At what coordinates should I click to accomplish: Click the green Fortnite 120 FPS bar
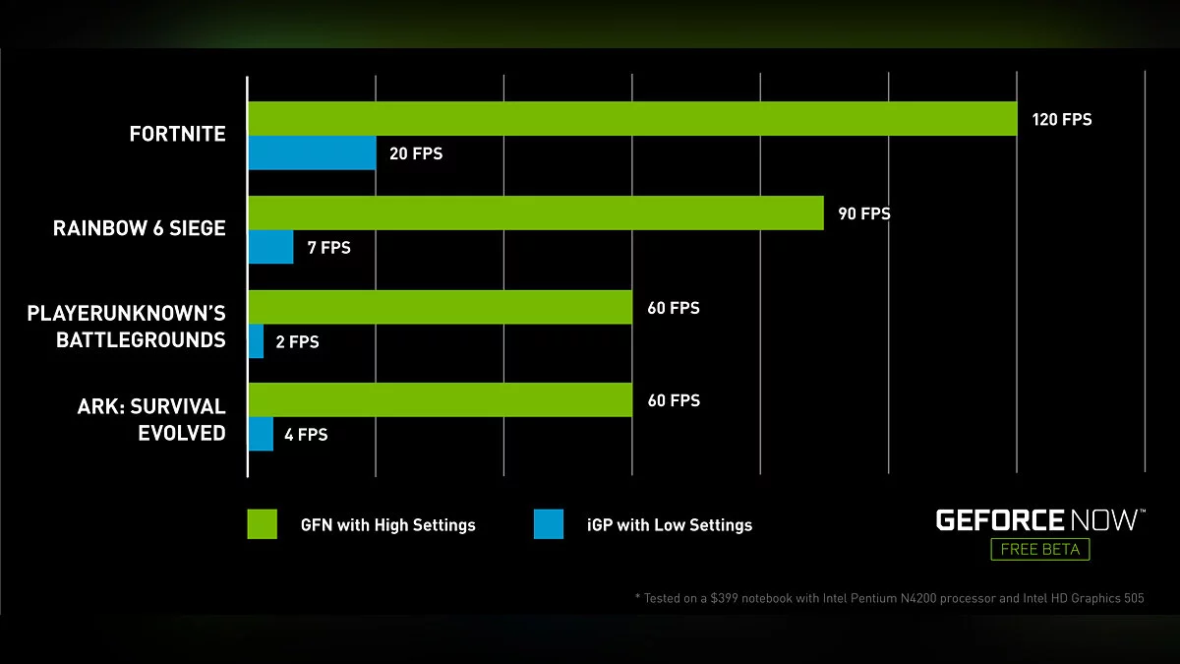631,119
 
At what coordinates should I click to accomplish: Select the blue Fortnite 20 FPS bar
311,153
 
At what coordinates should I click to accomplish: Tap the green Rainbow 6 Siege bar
535,212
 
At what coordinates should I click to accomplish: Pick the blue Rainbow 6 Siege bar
270,247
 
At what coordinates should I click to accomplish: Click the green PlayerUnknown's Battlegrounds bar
440,307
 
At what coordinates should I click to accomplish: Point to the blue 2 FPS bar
256,341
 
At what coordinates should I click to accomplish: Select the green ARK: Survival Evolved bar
440,400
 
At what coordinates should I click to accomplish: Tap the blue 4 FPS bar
261,434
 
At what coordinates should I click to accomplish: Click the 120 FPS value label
1061,120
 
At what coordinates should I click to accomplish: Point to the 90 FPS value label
863,213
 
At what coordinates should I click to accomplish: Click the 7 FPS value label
328,248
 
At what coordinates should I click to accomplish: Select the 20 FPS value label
416,154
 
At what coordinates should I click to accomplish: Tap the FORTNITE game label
177,135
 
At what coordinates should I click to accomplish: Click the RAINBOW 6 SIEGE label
139,228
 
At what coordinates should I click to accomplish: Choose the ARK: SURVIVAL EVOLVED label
151,420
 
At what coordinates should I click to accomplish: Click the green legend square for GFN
262,524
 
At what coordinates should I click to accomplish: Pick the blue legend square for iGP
549,524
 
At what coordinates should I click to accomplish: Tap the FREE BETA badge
1039,549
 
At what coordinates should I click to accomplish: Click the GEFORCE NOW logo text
1039,519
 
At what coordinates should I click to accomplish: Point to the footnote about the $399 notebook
889,598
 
